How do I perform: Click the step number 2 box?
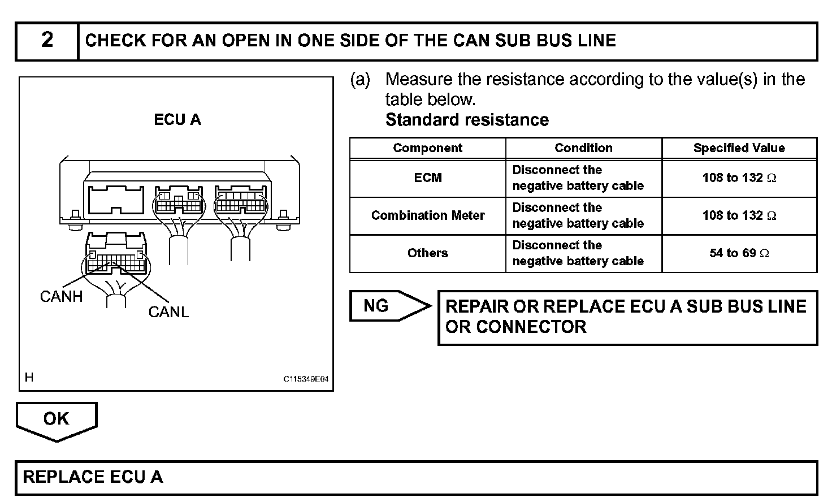point(47,41)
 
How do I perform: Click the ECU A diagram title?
point(177,120)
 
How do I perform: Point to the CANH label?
point(61,297)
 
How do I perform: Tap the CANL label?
point(168,312)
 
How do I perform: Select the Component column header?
point(427,148)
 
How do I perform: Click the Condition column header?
point(583,148)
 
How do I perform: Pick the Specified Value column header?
point(739,148)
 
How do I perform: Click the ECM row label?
point(427,178)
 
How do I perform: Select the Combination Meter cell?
point(427,215)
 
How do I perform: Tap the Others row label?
point(427,253)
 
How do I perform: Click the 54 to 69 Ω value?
point(739,253)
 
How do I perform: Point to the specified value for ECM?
point(739,178)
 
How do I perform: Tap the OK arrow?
point(57,420)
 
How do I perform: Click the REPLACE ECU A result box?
point(416,478)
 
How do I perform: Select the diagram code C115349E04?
point(306,379)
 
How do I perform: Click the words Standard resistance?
point(467,120)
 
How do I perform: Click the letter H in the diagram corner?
point(29,378)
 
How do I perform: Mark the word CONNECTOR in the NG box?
point(531,327)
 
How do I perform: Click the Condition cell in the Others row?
point(578,253)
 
